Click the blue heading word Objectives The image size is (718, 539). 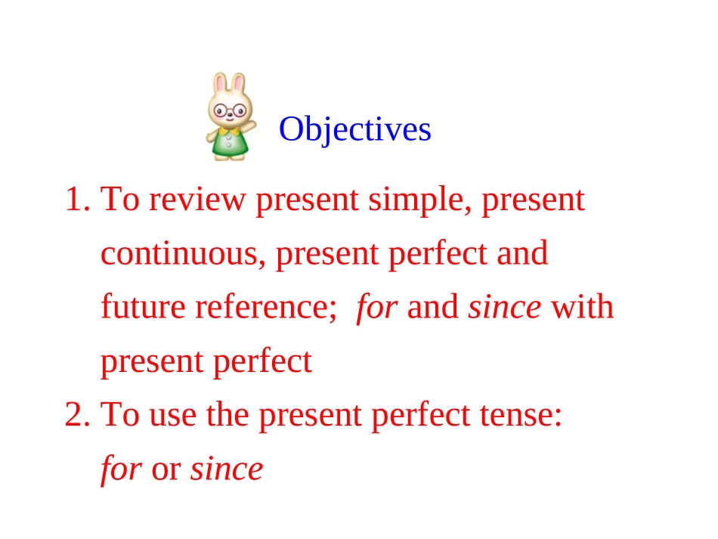coord(355,129)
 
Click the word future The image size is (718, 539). coord(143,308)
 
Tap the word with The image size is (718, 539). coord(582,308)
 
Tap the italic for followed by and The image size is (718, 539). coord(376,308)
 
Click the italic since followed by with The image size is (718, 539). coord(505,308)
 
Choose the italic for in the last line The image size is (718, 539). coord(121,469)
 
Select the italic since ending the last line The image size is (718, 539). coord(227,469)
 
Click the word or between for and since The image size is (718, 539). coord(166,470)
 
